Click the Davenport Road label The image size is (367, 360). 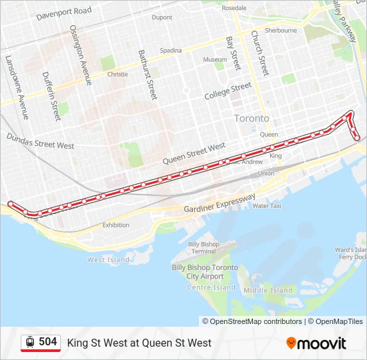tap(64, 12)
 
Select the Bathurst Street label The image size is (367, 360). tap(147, 75)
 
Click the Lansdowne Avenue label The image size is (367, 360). tap(17, 87)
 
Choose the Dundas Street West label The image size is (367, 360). tap(41, 141)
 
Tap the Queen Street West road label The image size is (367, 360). tap(195, 153)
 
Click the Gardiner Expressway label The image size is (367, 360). tap(220, 205)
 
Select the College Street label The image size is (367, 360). tap(228, 91)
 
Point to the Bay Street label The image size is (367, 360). tap(232, 53)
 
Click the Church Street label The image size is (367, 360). tap(259, 53)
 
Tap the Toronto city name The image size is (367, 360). tap(252, 118)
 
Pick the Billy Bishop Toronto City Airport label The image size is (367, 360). tap(205, 271)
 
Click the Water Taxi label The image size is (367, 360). tap(267, 206)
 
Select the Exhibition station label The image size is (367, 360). tap(116, 225)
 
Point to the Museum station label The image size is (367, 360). tap(215, 59)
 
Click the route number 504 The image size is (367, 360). tap(47, 342)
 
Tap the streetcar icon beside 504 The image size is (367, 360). tap(30, 342)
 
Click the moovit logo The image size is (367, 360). tap(316, 343)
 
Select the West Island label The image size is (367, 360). tap(109, 259)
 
